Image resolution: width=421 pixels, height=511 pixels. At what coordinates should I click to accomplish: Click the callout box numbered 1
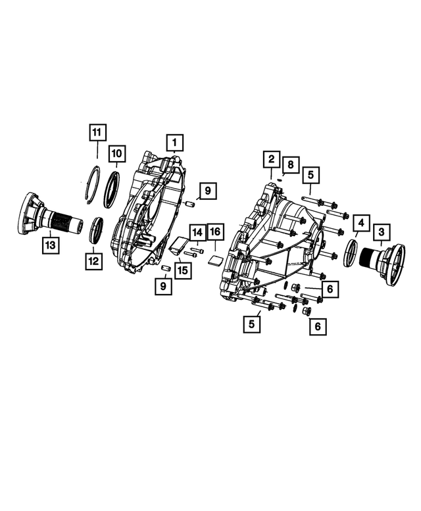(x=174, y=142)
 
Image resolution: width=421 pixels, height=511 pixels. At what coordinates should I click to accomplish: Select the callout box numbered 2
(x=270, y=158)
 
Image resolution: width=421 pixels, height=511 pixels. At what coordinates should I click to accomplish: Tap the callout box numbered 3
(x=382, y=231)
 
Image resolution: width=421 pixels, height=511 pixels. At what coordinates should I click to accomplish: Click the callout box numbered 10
(x=116, y=154)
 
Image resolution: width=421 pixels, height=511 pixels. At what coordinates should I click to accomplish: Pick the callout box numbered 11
(x=97, y=132)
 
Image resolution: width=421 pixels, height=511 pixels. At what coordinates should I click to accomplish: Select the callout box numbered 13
(x=51, y=245)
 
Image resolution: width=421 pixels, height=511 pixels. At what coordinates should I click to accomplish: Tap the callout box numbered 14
(x=197, y=232)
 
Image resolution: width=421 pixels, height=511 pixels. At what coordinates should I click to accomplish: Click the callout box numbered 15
(x=182, y=269)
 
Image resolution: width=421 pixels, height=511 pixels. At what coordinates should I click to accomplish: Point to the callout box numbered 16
(x=216, y=232)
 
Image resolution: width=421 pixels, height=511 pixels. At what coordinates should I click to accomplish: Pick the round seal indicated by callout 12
(x=95, y=230)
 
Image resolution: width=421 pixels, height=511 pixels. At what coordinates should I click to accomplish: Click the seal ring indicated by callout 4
(x=350, y=253)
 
